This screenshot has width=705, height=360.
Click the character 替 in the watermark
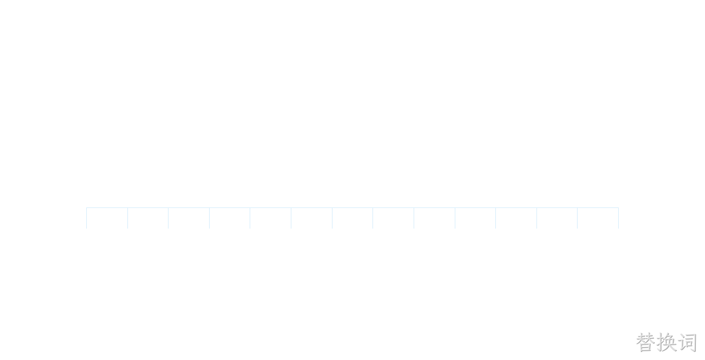pos(646,342)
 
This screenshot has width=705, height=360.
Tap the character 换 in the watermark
pos(666,342)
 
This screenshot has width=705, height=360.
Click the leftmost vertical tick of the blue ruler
pos(86,218)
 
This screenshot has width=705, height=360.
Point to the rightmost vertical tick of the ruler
pos(619,218)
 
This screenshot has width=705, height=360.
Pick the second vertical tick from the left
pos(127,218)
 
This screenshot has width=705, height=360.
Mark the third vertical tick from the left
pos(169,218)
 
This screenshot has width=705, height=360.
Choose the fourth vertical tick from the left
pos(209,218)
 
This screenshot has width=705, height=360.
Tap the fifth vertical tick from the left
pos(250,218)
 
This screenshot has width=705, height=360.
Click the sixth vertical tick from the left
pos(291,218)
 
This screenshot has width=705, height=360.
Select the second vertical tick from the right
pos(578,218)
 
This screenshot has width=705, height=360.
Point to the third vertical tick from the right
pos(536,218)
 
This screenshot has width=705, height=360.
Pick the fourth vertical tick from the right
pos(496,218)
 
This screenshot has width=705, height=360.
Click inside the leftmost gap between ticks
pos(107,218)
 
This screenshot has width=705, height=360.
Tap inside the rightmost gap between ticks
pos(598,218)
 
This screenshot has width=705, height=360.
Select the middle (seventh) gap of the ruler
pos(352,218)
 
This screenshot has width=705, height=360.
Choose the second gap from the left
pos(148,218)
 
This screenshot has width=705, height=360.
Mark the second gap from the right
pos(557,218)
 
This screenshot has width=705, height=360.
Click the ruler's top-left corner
pos(86,207)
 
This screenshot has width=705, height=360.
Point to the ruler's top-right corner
pos(619,207)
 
